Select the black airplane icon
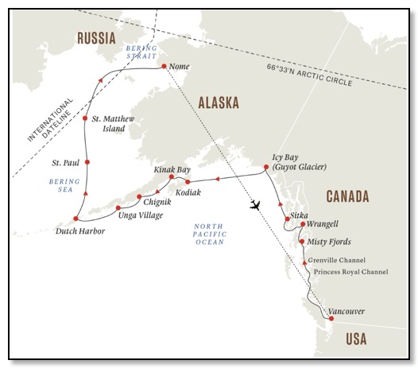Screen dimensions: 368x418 [255, 205]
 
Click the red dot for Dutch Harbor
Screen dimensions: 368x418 [76, 218]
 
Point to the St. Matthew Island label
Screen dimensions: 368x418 [113, 123]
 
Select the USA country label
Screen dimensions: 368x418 [355, 339]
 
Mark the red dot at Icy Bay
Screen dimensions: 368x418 [266, 167]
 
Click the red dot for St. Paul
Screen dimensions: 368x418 [87, 163]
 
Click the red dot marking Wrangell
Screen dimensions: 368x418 [303, 224]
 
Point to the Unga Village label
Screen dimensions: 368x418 [139, 215]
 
